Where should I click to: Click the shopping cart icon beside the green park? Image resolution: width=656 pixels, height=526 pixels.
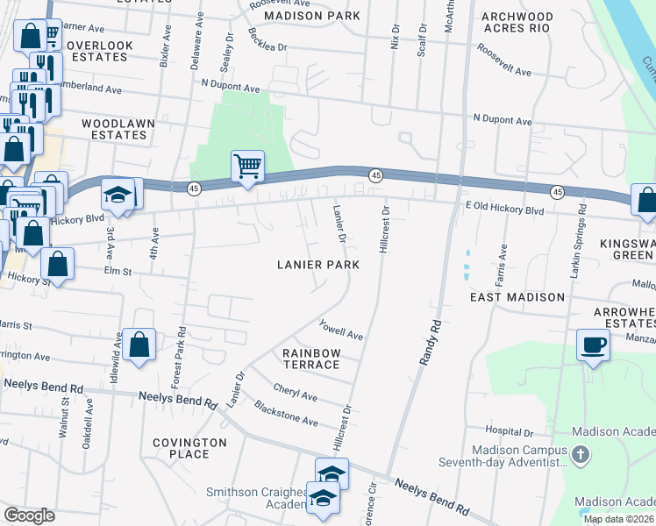click(x=247, y=166)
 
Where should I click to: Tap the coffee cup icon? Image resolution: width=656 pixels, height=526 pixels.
click(x=593, y=345)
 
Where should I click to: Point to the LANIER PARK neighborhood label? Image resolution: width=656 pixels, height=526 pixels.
click(x=318, y=265)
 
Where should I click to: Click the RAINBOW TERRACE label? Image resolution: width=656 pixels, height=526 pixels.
click(x=310, y=359)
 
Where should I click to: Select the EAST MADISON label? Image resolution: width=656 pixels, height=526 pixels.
click(x=517, y=297)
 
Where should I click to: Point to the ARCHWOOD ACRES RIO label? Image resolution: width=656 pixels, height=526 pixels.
click(x=517, y=22)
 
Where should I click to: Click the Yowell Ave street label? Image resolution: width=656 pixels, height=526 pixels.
click(x=342, y=330)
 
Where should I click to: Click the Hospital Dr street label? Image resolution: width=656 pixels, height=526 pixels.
click(x=509, y=432)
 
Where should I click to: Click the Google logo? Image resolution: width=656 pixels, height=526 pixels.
click(x=29, y=515)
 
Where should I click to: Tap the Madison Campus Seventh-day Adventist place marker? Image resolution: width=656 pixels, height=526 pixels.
click(x=580, y=455)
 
